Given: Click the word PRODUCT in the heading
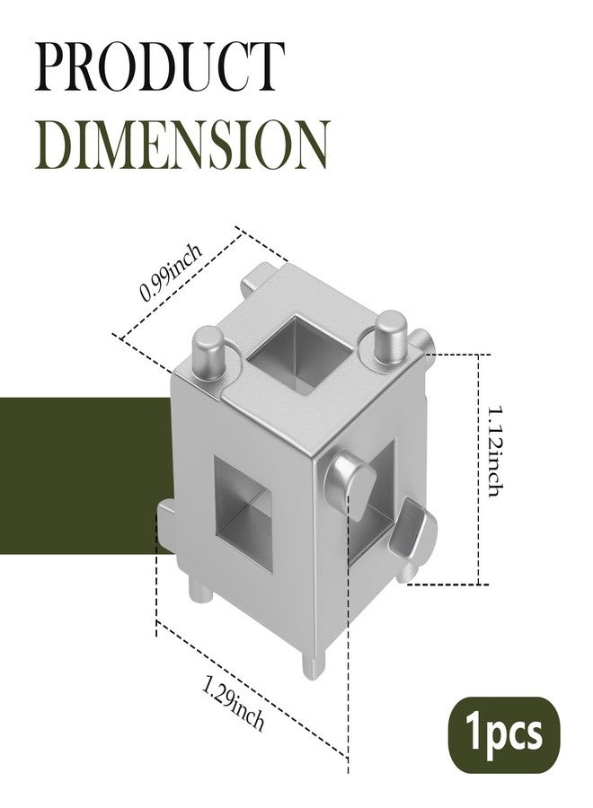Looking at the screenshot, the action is [160, 68].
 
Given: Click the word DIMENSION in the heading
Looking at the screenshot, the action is [181, 145].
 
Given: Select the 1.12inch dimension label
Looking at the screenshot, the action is [496, 451].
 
